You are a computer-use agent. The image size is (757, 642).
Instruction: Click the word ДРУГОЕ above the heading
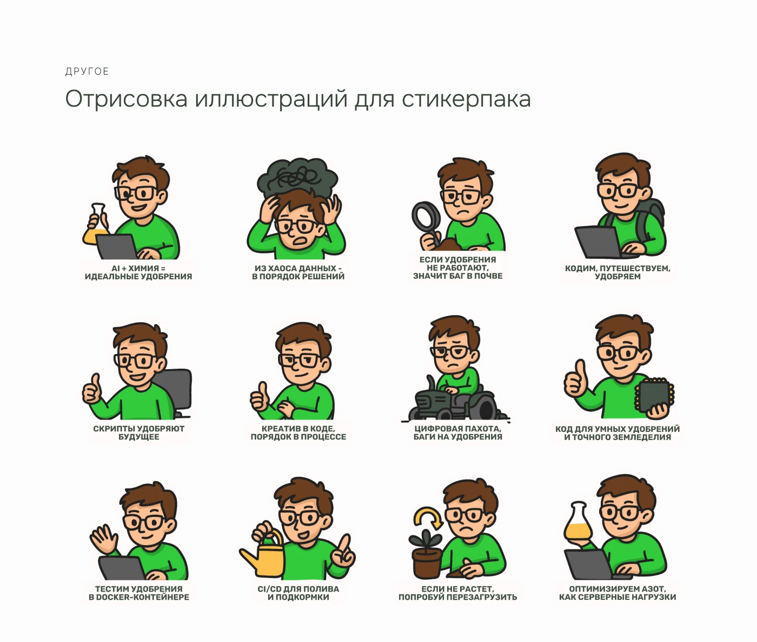[x=87, y=71]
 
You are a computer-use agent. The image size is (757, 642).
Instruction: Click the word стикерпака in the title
[x=466, y=99]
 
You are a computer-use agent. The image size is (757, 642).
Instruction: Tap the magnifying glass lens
[x=426, y=217]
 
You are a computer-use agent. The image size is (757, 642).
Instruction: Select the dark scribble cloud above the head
[x=297, y=177]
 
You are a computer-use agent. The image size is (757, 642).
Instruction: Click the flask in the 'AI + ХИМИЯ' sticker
[x=96, y=224]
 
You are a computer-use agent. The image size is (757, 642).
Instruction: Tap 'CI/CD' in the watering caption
[x=269, y=589]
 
